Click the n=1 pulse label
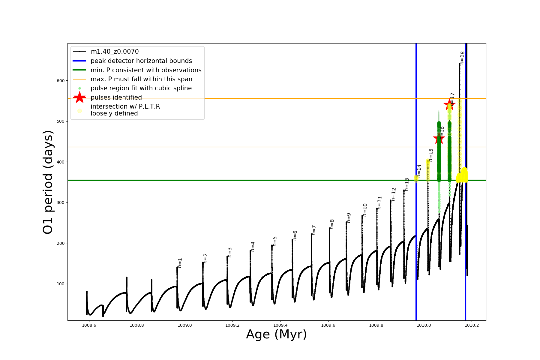tap(180, 263)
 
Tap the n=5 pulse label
tap(275, 241)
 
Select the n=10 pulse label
tap(365, 210)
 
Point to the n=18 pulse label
tap(462, 58)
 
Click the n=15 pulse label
tap(431, 155)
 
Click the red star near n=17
tap(449, 105)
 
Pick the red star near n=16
tap(439, 139)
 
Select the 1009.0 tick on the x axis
tap(185, 325)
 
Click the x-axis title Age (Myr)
tap(276, 334)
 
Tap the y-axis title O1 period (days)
tap(48, 182)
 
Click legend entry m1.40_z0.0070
tap(115, 52)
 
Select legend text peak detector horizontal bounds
tap(141, 61)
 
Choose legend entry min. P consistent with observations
tap(146, 70)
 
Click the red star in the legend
tap(79, 97)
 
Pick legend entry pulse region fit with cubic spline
tap(141, 88)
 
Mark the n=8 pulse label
tap(332, 224)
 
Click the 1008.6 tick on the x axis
tap(89, 325)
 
